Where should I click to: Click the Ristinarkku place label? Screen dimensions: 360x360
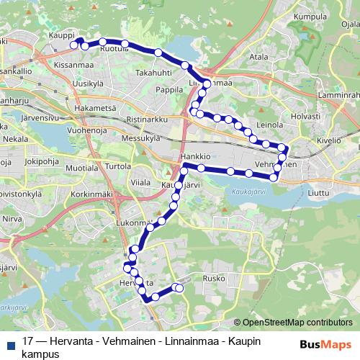[x=145, y=117]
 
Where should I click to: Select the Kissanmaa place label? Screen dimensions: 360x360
[x=73, y=65]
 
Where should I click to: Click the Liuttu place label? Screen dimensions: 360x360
[x=317, y=193]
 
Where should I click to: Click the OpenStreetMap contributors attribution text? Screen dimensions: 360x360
[x=297, y=323]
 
